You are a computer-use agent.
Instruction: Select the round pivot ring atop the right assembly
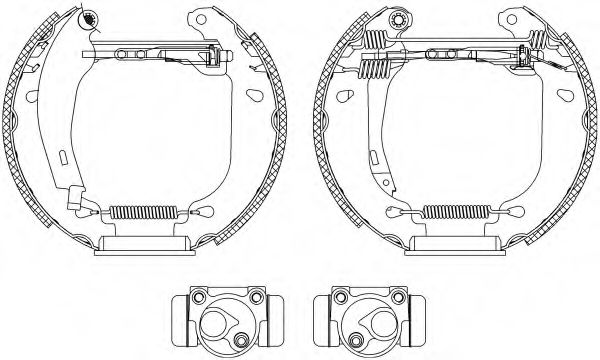pyautogui.click(x=399, y=18)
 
